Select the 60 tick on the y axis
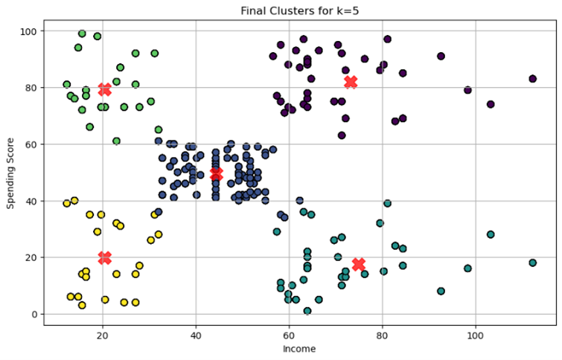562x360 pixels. pyautogui.click(x=32, y=144)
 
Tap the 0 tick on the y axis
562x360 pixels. pyautogui.click(x=35, y=314)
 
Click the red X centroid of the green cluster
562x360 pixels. pyautogui.click(x=104, y=89)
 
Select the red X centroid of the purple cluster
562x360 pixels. pyautogui.click(x=351, y=82)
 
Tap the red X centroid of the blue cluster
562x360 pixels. pyautogui.click(x=216, y=174)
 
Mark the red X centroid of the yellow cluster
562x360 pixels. pyautogui.click(x=104, y=257)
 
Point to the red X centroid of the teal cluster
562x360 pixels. pyautogui.click(x=359, y=264)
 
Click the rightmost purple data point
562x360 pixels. pyautogui.click(x=533, y=79)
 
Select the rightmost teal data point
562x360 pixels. pyautogui.click(x=533, y=263)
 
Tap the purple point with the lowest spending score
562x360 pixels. pyautogui.click(x=342, y=135)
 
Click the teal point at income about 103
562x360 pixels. pyautogui.click(x=491, y=234)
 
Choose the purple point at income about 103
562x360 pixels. pyautogui.click(x=491, y=104)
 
